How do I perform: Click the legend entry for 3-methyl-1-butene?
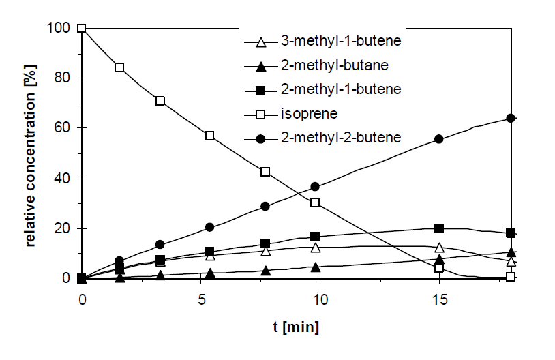(x=340, y=41)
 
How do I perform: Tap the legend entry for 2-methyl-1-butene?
(x=340, y=89)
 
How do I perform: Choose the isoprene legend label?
(x=305, y=113)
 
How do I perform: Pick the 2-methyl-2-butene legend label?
(x=340, y=138)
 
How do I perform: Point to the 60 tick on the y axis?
(x=65, y=128)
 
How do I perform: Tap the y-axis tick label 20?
(x=65, y=228)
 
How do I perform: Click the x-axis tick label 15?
(x=439, y=300)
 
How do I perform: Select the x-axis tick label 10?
(x=320, y=300)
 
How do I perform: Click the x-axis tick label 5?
(x=201, y=300)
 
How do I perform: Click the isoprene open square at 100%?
(x=82, y=28)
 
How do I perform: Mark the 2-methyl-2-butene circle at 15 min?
(x=439, y=138)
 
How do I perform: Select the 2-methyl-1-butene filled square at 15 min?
(x=439, y=228)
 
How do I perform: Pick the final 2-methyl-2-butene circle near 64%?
(x=511, y=118)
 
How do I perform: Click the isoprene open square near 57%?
(x=210, y=136)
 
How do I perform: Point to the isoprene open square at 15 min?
(x=439, y=268)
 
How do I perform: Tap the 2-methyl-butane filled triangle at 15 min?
(x=439, y=259)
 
